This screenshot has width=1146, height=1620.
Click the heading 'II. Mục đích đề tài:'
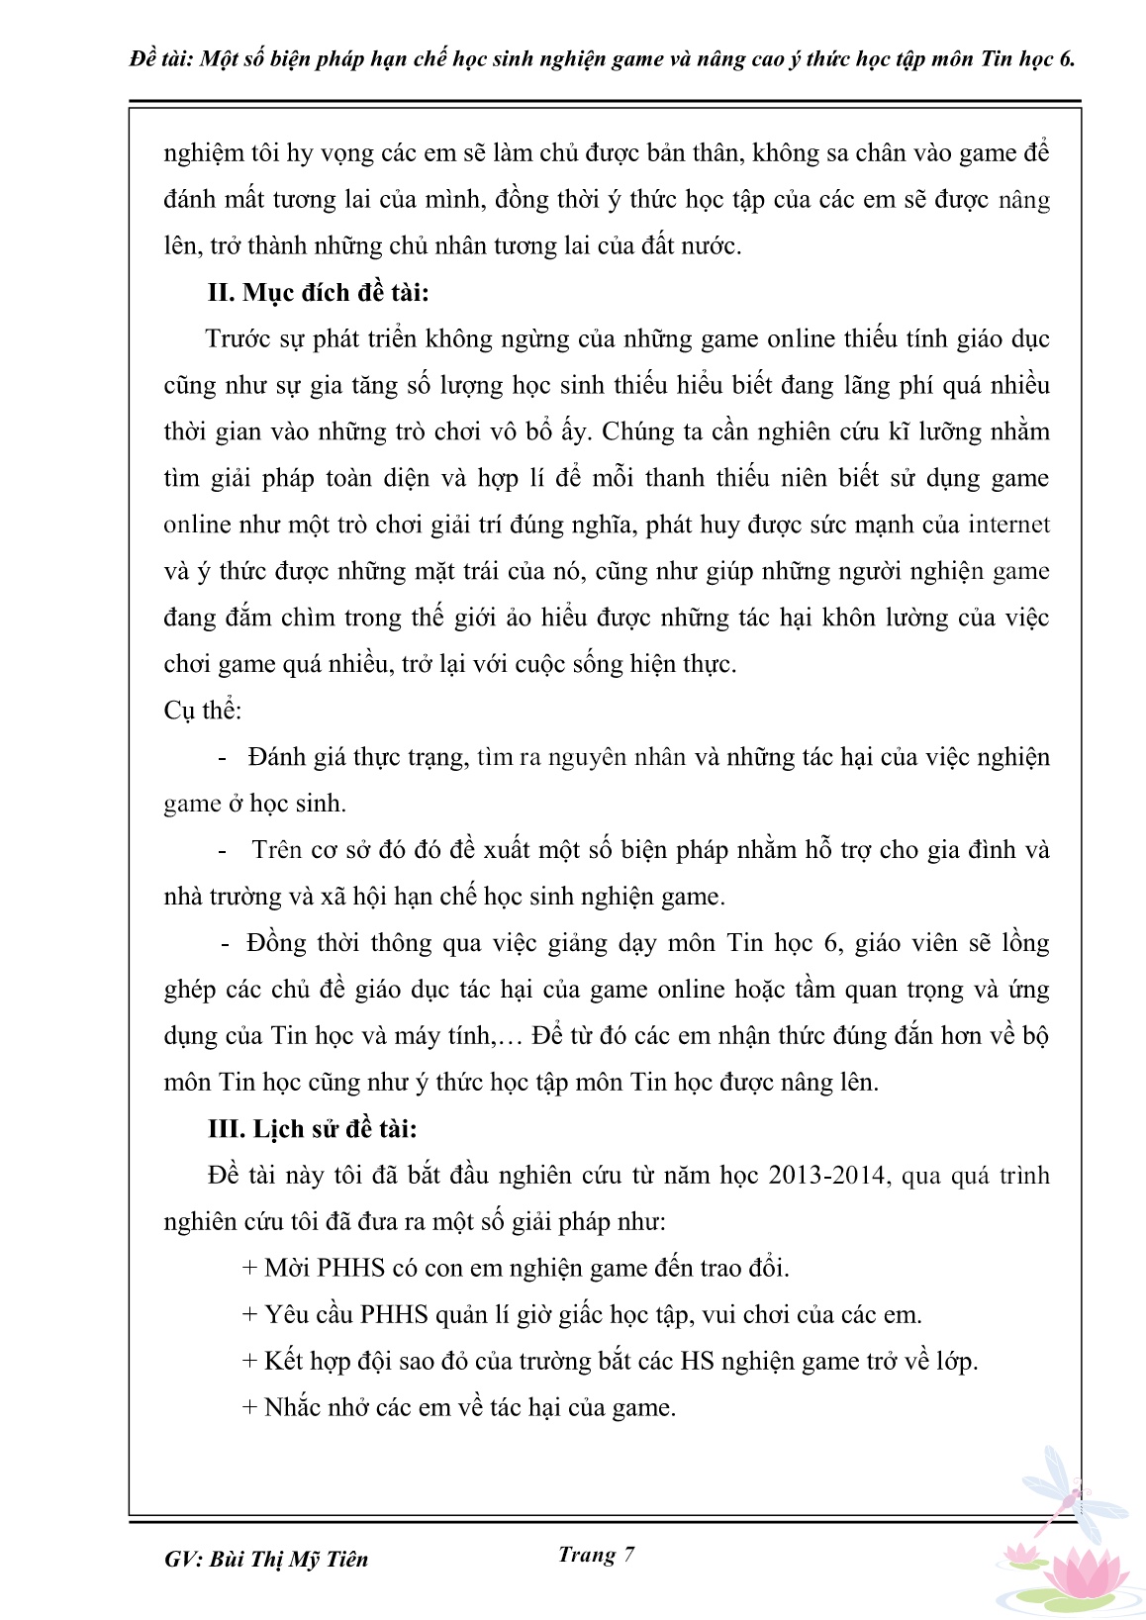pyautogui.click(x=318, y=293)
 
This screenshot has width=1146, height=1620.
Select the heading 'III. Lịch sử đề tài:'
pyautogui.click(x=312, y=1129)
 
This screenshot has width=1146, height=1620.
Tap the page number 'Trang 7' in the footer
pyautogui.click(x=596, y=1555)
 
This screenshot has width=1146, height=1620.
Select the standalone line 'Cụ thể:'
pyautogui.click(x=203, y=711)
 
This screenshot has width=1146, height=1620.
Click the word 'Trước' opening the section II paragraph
pyautogui.click(x=238, y=339)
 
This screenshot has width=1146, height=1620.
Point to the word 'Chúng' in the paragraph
pyautogui.click(x=638, y=432)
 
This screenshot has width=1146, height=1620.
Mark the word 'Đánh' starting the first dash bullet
pyautogui.click(x=280, y=757)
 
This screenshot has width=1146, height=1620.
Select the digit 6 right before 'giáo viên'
pyautogui.click(x=831, y=943)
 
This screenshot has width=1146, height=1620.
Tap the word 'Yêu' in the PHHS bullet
pyautogui.click(x=288, y=1315)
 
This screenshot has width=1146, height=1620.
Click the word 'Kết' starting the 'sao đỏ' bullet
pyautogui.click(x=284, y=1361)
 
